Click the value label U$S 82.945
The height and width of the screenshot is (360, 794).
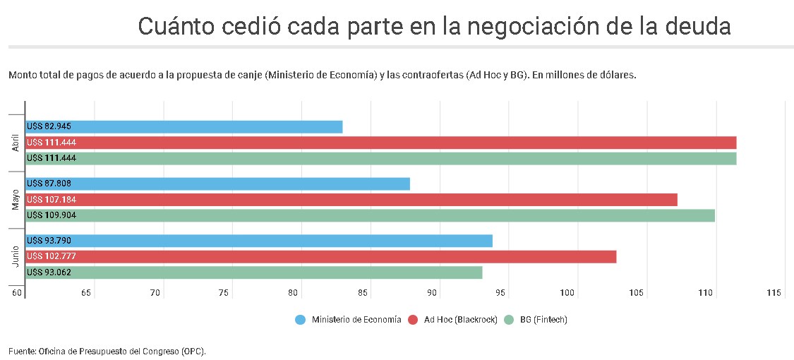coord(49,127)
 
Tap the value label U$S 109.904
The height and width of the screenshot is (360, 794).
coord(51,215)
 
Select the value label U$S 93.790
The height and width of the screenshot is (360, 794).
coord(49,241)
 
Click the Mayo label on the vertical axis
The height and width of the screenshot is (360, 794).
coord(16,200)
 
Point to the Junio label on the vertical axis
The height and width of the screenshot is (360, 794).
coord(16,257)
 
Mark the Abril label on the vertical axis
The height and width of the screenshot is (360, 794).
coord(16,143)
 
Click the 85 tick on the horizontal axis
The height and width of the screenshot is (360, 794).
coord(362,293)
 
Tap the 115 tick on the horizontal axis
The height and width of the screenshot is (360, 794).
coord(774,293)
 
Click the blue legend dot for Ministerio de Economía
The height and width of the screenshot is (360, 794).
coord(300,320)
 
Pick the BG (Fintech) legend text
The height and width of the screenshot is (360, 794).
coord(543,320)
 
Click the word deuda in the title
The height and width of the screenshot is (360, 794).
coord(696,26)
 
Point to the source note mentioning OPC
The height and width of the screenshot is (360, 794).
coord(107,351)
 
